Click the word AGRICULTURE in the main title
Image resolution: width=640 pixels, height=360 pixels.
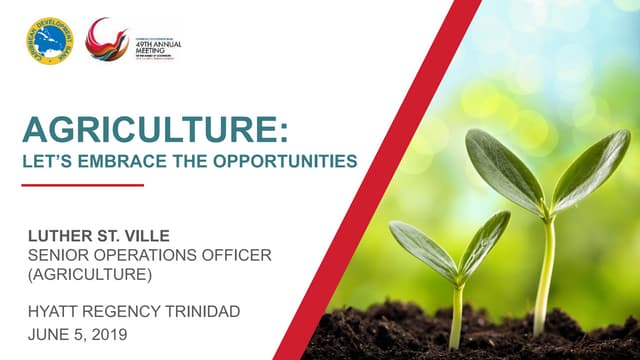[155, 130]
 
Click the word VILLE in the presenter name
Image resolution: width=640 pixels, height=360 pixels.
[151, 237]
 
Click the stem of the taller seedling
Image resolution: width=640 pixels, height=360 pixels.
[546, 270]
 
